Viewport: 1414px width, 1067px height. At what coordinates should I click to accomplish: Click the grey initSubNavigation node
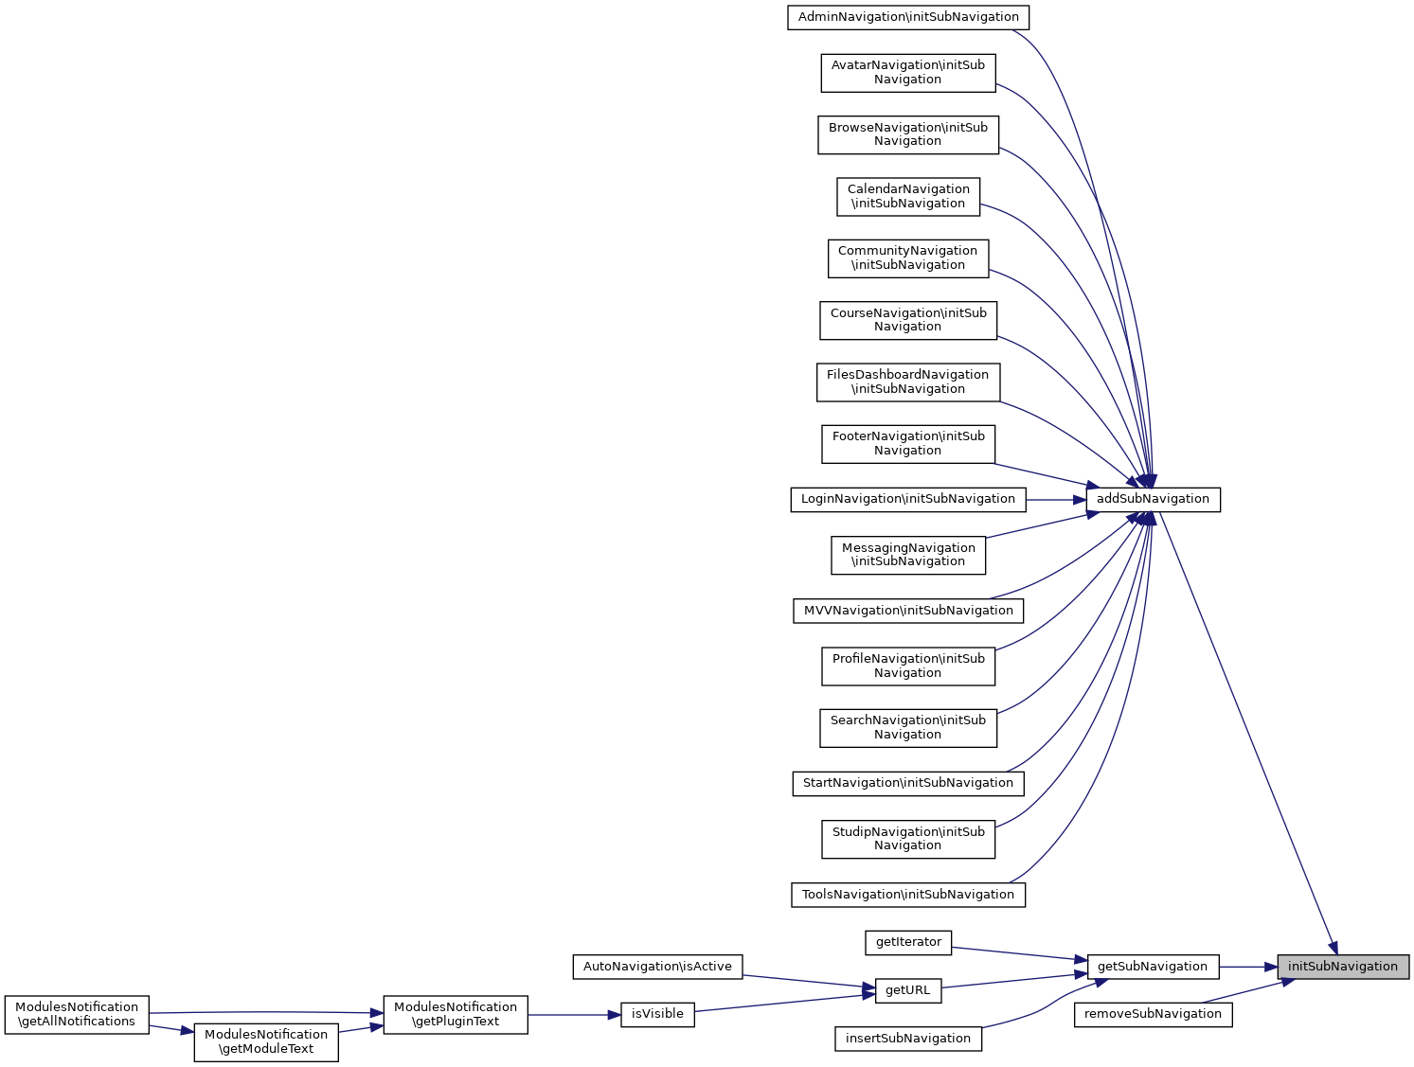pos(1342,967)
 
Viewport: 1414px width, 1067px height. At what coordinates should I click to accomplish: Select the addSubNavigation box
pos(1153,499)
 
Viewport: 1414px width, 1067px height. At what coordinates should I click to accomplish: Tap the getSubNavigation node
pos(1153,967)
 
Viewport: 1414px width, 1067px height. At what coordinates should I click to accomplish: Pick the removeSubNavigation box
pos(1153,1014)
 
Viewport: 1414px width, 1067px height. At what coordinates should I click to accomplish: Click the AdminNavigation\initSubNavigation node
pos(908,17)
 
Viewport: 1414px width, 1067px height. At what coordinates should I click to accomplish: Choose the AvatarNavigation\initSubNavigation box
pos(908,73)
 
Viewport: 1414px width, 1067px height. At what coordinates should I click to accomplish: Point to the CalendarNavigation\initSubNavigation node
pos(908,196)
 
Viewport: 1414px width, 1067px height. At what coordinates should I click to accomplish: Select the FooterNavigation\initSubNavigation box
pos(908,443)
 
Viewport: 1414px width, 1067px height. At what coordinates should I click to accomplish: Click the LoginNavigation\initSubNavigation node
pos(908,499)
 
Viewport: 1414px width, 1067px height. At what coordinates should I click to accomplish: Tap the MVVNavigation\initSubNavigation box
pos(908,611)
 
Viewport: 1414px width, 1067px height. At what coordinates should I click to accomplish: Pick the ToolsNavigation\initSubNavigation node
pos(908,895)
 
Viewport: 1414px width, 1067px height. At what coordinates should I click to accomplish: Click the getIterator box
pos(908,942)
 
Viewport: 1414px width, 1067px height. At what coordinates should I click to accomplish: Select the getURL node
pos(908,990)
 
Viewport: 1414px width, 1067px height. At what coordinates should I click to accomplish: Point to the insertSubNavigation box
pos(908,1039)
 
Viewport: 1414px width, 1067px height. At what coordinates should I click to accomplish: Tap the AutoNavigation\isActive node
pos(657,967)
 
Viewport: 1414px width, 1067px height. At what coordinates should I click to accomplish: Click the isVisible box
pos(657,1014)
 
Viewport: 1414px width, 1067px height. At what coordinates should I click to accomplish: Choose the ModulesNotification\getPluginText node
pos(456,1014)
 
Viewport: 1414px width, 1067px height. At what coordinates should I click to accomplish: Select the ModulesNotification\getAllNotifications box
pos(77,1014)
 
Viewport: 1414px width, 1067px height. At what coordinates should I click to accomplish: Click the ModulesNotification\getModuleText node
pos(266,1041)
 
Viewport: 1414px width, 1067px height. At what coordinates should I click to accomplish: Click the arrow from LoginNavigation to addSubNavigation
pos(1055,499)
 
